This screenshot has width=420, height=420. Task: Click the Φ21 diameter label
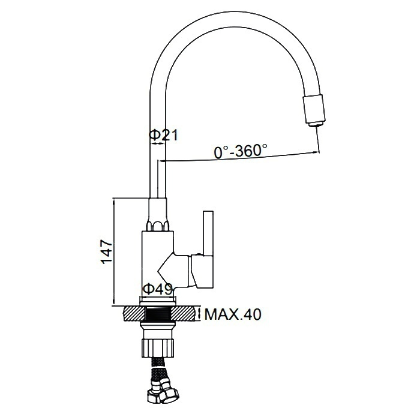tap(163, 135)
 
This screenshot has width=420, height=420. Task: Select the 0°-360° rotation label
tap(241, 151)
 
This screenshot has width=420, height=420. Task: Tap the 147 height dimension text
tap(107, 252)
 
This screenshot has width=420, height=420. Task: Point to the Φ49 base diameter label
tap(158, 290)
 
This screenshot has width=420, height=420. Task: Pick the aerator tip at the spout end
tap(315, 110)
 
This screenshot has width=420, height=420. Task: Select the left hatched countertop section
tap(134, 314)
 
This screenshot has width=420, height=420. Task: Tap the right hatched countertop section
tap(185, 314)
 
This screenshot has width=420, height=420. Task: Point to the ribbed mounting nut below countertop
tap(157, 347)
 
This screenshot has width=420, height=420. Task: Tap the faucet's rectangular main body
tap(158, 263)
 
